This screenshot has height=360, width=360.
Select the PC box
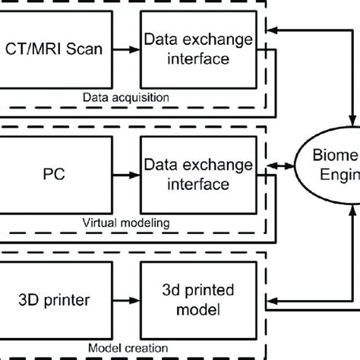coord(56,173)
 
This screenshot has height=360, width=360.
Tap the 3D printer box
coord(56,299)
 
